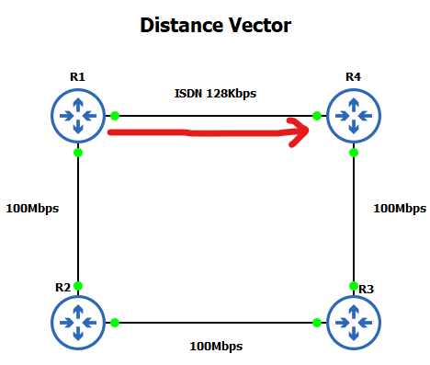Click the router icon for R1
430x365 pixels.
[78, 116]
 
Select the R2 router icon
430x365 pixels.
[78, 323]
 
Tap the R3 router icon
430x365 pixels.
[354, 323]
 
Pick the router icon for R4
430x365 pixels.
[354, 116]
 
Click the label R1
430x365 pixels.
[77, 76]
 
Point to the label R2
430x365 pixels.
[62, 287]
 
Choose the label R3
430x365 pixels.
[366, 289]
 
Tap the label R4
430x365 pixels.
[353, 76]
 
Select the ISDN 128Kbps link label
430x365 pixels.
[215, 94]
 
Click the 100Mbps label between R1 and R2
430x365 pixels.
[31, 209]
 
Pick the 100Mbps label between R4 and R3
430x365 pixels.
[399, 209]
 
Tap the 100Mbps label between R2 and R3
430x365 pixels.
[215, 346]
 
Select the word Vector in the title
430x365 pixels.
[257, 25]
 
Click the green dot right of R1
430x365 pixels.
[115, 116]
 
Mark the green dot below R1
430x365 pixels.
[78, 153]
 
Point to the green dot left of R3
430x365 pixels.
[317, 323]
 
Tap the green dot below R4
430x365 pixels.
[354, 153]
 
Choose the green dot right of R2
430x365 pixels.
[115, 323]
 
